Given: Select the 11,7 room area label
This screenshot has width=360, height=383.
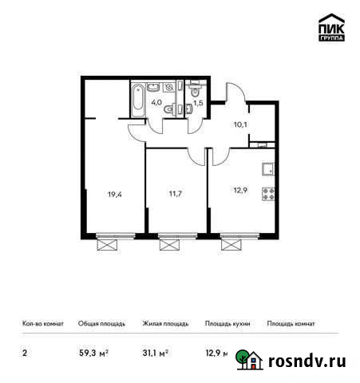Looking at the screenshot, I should point(176,193).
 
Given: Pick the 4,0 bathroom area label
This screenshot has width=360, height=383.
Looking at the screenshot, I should point(157,102).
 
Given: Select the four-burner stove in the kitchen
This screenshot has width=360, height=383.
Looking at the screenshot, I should point(267,193).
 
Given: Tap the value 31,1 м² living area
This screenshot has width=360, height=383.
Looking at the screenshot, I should point(155,352).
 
